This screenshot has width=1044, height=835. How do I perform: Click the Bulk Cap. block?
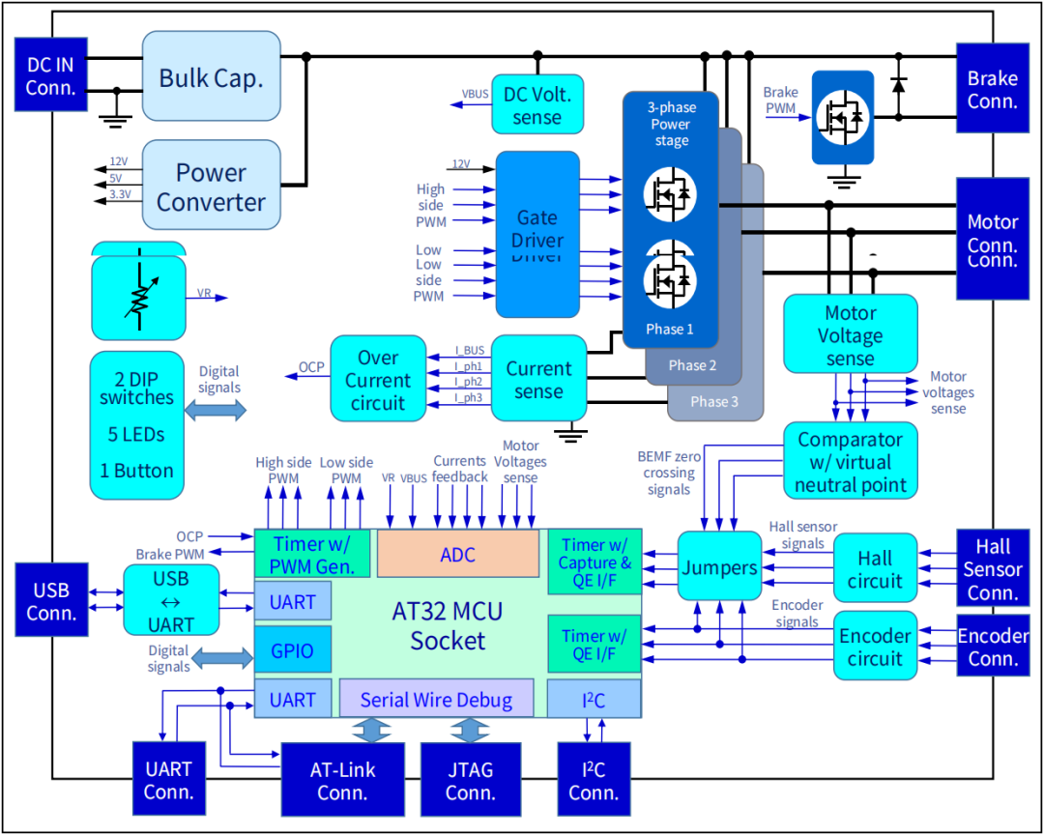[211, 76]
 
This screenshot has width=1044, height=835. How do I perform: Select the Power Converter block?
[211, 187]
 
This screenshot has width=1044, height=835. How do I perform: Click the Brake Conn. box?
[993, 89]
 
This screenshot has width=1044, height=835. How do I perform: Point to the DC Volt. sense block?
[537, 105]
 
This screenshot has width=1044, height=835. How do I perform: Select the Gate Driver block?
[537, 234]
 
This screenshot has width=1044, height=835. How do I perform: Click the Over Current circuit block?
[378, 379]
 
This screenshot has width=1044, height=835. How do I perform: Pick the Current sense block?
[538, 379]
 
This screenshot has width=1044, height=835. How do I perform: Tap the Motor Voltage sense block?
[850, 334]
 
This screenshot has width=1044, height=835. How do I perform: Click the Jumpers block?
[718, 566]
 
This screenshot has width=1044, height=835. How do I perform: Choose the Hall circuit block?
[874, 569]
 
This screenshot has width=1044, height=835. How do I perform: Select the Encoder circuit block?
[874, 647]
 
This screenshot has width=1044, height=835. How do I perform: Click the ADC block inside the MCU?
[457, 555]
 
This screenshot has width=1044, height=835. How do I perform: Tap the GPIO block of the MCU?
[292, 650]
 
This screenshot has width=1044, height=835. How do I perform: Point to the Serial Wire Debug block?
[436, 700]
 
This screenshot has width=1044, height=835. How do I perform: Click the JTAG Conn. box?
[470, 780]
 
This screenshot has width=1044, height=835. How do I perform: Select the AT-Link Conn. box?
[342, 780]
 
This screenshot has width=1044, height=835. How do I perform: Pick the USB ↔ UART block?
[172, 600]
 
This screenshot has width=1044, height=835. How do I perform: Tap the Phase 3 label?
[714, 402]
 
